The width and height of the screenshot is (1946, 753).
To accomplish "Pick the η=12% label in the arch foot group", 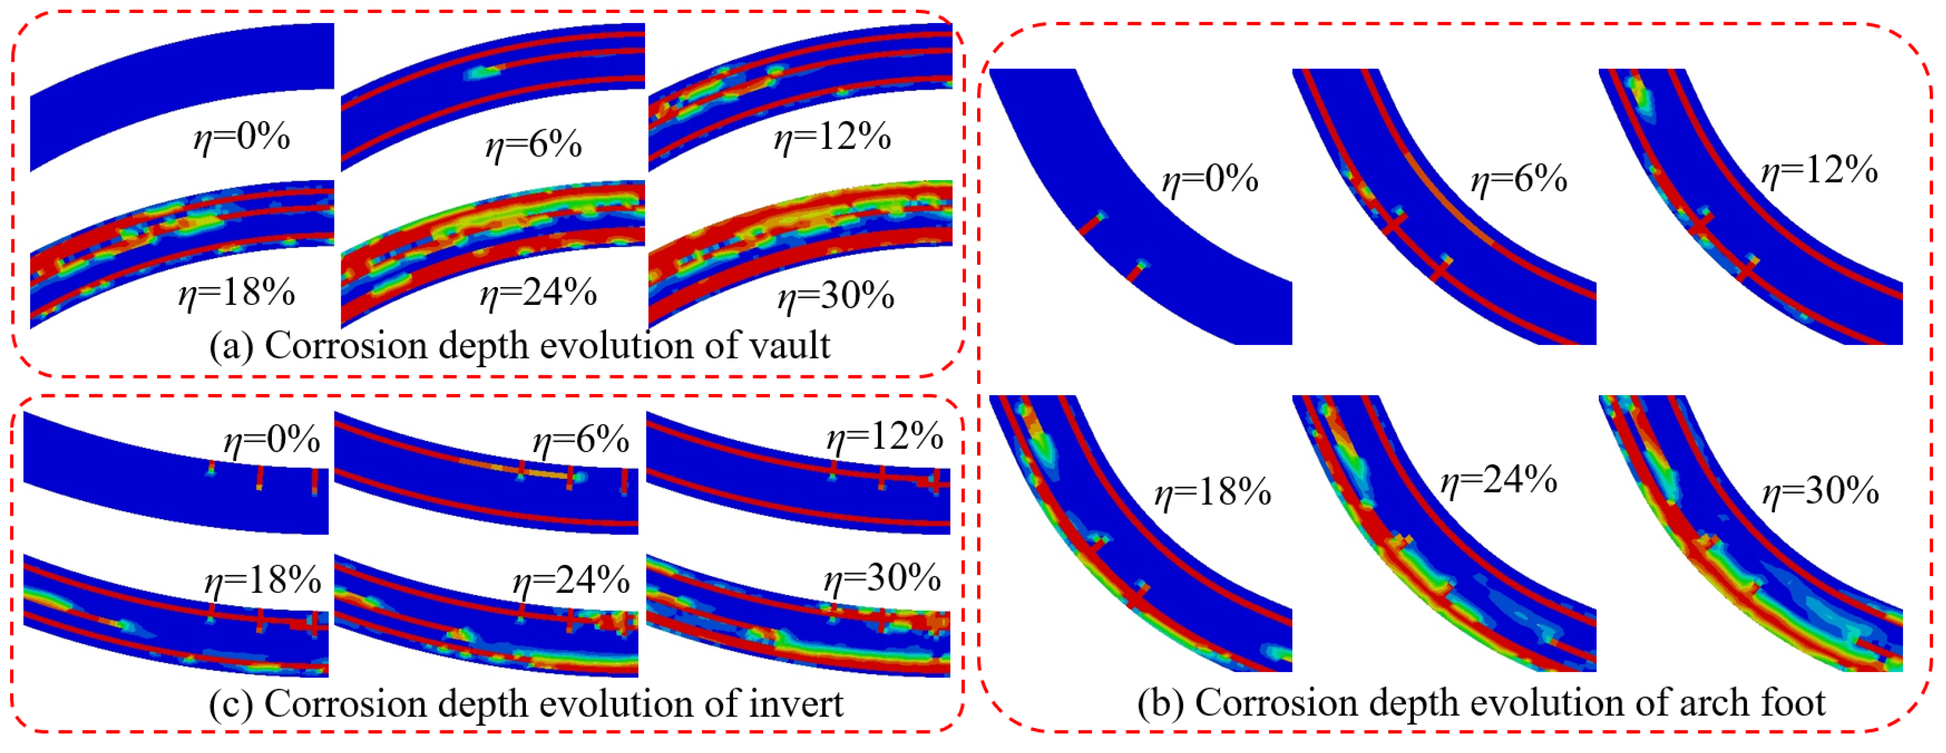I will click(1819, 170).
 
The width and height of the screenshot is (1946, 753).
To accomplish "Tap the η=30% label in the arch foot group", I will click(1821, 492).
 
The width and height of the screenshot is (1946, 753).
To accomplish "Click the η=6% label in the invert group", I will click(581, 439).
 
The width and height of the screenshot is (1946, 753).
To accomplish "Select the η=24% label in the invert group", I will click(571, 581).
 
